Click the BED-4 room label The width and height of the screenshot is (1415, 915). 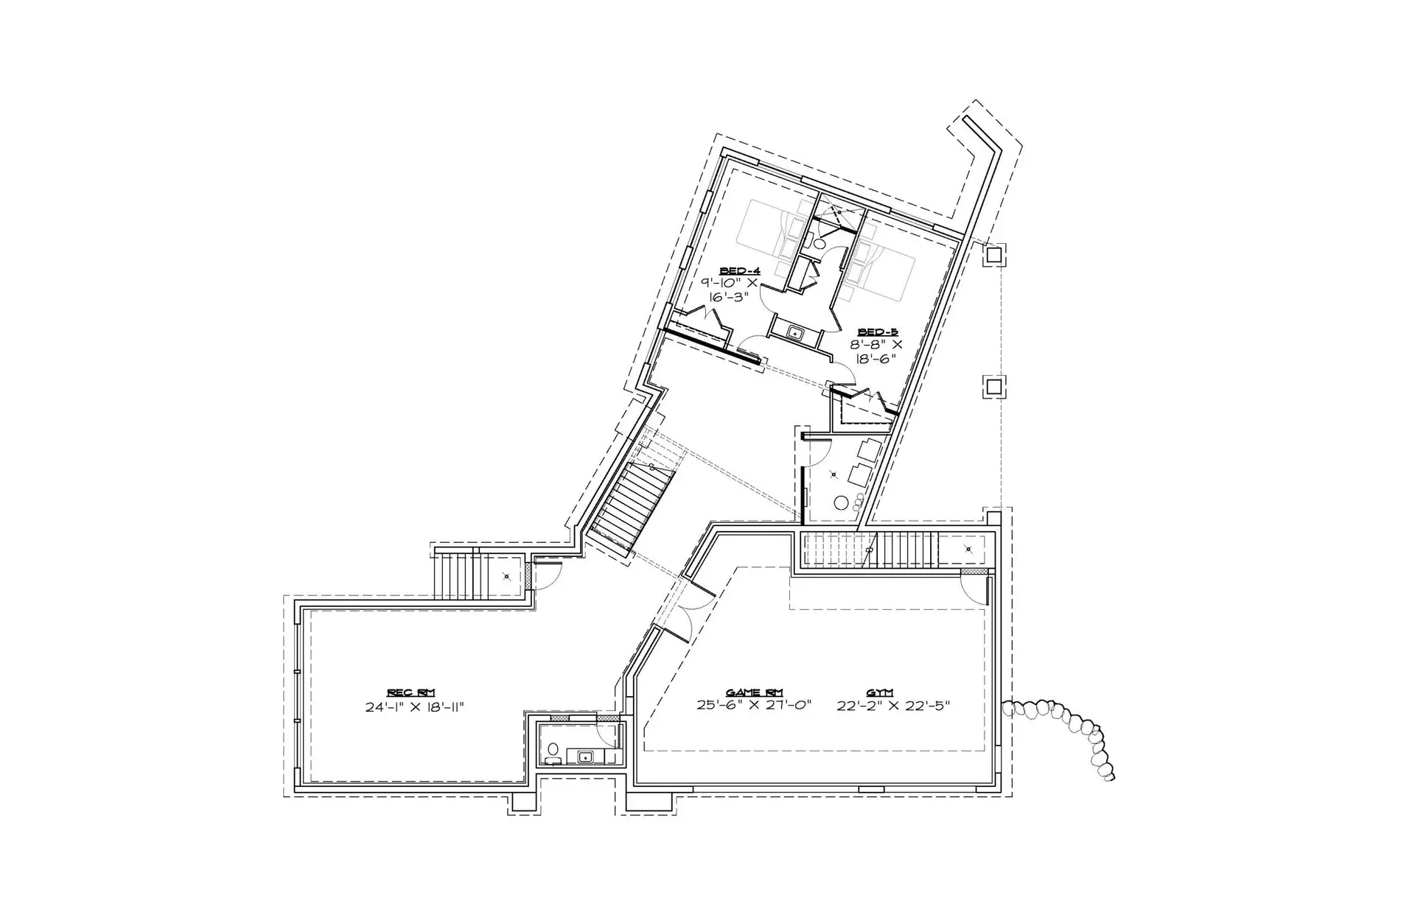740,271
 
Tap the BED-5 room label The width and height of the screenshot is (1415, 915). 878,332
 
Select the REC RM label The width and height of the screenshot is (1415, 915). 411,693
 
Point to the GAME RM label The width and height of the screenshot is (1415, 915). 754,693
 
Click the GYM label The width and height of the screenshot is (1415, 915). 879,693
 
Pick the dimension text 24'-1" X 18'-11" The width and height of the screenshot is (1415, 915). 414,707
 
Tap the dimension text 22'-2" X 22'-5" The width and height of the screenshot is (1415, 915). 894,705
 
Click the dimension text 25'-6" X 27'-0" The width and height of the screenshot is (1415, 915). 754,705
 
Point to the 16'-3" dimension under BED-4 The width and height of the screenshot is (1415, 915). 730,297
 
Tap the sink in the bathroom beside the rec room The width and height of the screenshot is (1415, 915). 587,757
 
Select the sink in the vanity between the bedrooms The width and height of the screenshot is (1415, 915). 796,333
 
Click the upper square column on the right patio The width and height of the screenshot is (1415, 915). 993,255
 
